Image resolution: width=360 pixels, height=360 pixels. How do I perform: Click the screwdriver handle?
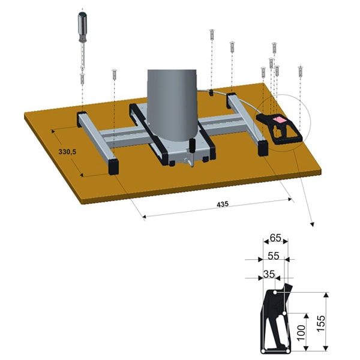click(x=83, y=26)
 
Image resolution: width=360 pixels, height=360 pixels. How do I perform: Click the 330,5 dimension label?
click(x=67, y=152)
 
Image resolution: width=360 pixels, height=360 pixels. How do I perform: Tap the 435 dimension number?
click(x=223, y=204)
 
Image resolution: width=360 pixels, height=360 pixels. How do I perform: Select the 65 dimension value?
click(x=275, y=238)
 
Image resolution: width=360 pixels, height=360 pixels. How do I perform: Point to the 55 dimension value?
click(x=274, y=256)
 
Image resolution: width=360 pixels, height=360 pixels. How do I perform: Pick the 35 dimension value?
click(x=269, y=274)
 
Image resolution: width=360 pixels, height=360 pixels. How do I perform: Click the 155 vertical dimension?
click(x=321, y=323)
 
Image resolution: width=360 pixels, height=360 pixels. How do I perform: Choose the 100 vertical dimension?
click(x=301, y=332)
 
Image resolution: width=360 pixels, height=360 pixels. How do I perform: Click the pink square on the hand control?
click(x=279, y=119)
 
